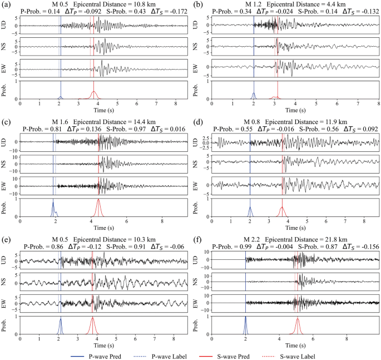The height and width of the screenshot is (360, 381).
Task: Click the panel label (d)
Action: (x=199, y=122)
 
